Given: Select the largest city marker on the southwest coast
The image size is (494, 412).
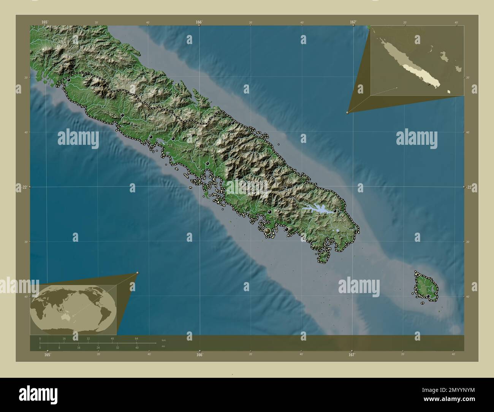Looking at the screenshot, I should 268,231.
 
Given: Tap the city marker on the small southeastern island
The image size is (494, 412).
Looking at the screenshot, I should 428,296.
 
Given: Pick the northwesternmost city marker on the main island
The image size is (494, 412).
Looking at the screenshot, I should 68,80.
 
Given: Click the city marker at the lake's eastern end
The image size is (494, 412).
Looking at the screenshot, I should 335,211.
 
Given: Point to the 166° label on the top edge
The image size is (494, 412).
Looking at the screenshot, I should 199,22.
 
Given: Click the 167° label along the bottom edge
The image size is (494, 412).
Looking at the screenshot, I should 351,355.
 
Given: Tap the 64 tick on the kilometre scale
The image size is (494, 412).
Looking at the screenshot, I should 136,338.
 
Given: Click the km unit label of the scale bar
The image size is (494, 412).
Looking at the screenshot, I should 164,340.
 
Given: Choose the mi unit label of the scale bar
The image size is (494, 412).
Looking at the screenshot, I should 163,347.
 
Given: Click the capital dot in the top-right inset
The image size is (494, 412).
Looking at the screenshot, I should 429,84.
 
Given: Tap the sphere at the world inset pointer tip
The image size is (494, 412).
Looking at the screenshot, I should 138,273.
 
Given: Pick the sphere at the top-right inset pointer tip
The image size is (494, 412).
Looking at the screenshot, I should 348,113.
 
